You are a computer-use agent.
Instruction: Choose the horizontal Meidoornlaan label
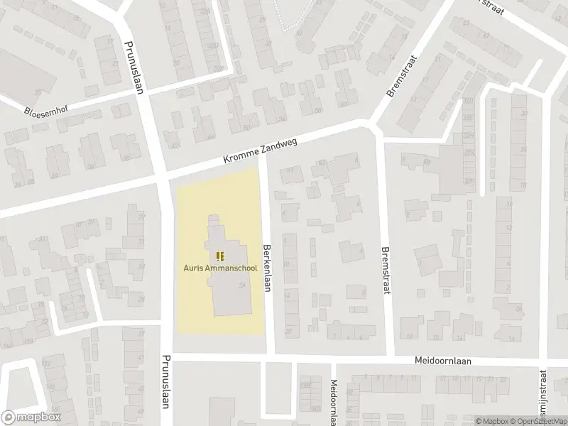(x=444, y=361)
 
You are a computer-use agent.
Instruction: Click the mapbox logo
(x=29, y=417)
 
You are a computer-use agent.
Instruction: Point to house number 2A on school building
(x=243, y=285)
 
